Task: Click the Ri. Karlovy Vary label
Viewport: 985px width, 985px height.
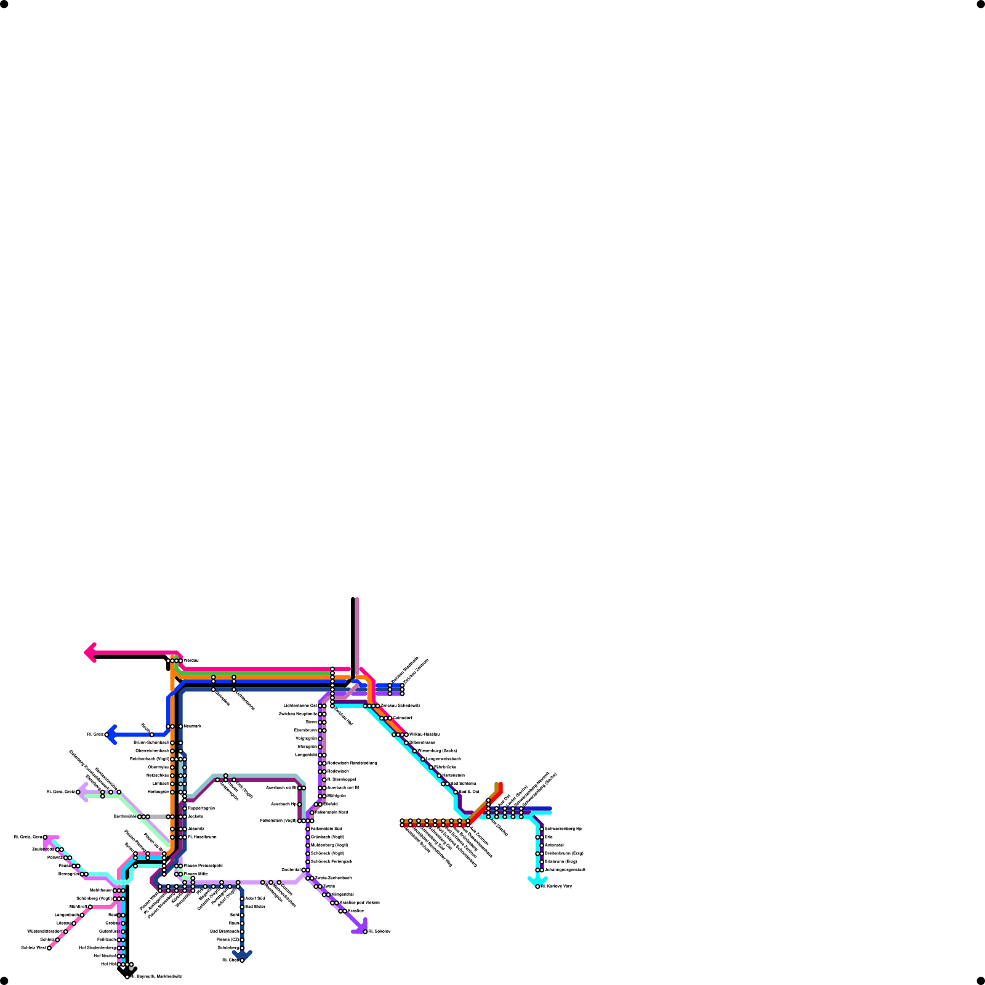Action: tap(557, 886)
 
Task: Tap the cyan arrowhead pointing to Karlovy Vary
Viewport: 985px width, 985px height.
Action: tap(537, 882)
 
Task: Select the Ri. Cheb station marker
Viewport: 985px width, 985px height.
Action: tap(242, 960)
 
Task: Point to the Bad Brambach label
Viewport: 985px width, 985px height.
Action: tap(224, 931)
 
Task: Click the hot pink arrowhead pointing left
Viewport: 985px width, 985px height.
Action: tap(90, 653)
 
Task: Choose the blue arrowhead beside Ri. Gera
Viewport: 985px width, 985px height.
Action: tap(111, 734)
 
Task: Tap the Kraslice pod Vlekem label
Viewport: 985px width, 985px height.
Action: tap(360, 903)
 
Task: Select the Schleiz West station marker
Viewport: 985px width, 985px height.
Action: tap(49, 948)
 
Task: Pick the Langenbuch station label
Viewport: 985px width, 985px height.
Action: tap(66, 915)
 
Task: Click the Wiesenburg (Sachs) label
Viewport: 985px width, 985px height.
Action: tap(437, 750)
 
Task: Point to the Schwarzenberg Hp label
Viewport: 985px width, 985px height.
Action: tap(563, 829)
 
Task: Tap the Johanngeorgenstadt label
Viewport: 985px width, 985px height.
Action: tap(565, 870)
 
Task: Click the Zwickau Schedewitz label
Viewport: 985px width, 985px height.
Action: tap(400, 706)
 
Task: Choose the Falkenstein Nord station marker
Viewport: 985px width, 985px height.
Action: tap(312, 813)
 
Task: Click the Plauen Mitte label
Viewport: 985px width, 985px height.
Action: tap(196, 874)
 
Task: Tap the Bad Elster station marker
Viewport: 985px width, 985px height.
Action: tap(242, 907)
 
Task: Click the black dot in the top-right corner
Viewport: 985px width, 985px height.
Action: tap(981, 4)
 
